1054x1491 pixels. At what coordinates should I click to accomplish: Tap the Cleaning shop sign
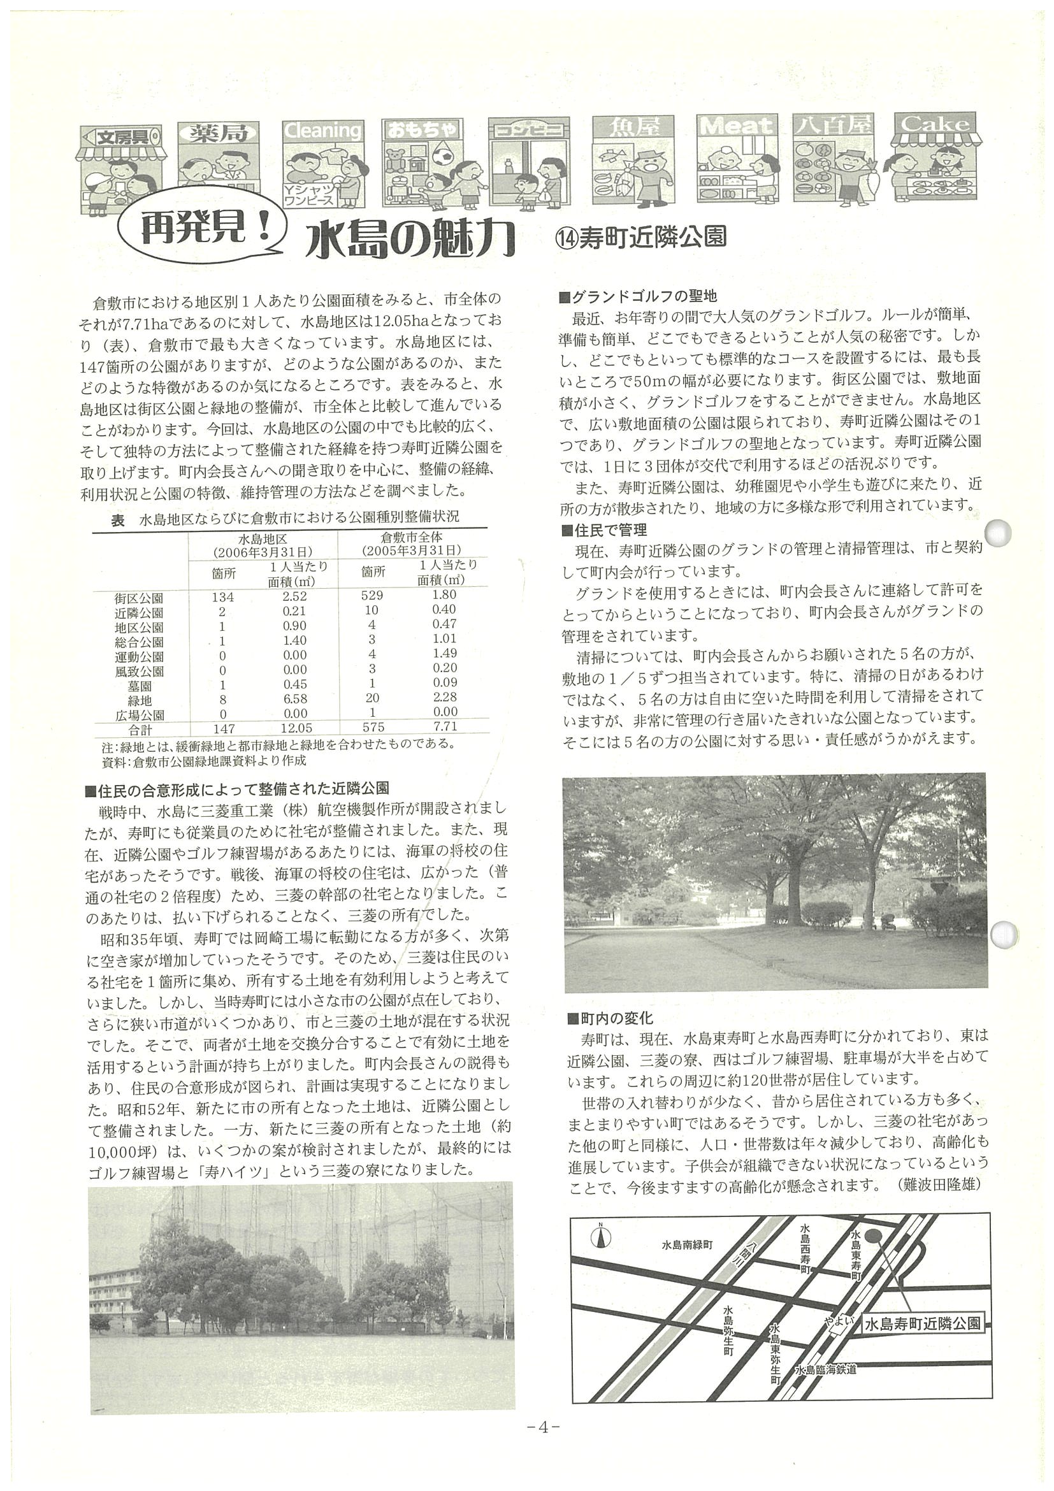pos(322,131)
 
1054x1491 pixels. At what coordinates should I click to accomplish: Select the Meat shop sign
pos(736,126)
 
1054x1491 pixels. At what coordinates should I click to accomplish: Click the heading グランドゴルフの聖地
pos(639,297)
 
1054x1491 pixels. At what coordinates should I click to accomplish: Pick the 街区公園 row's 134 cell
pos(223,597)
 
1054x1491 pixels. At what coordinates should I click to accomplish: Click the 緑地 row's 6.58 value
pos(295,700)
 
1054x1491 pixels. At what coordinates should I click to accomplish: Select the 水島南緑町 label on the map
pos(687,1245)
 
